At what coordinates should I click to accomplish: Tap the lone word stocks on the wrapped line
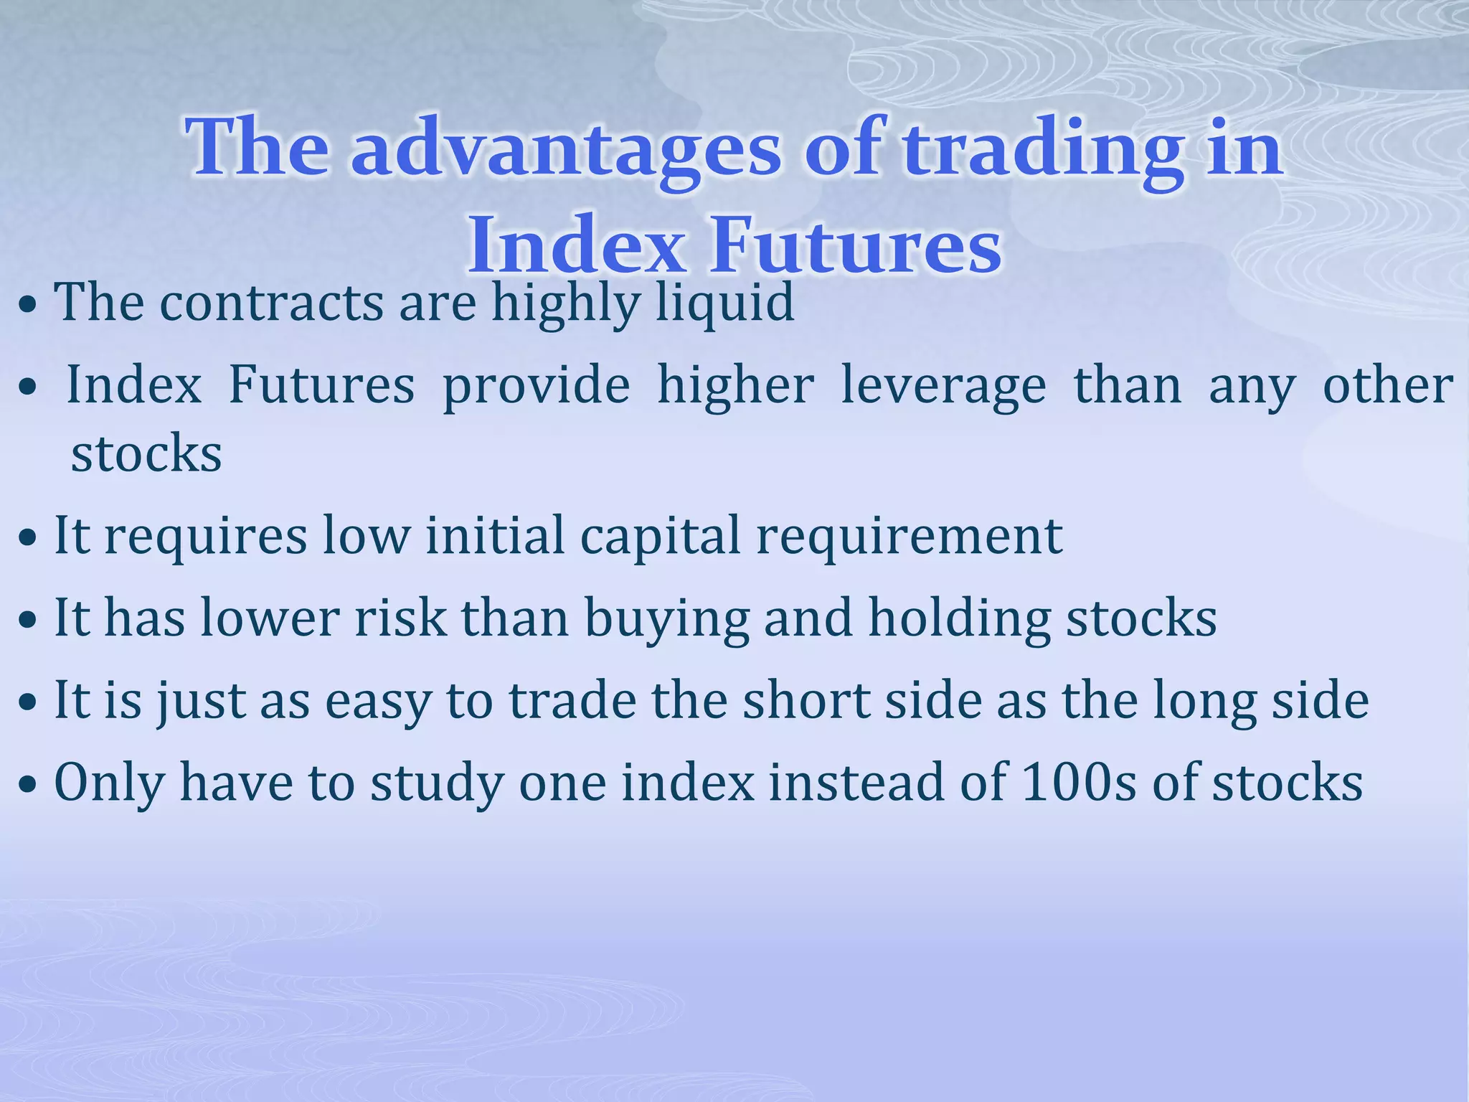tap(146, 455)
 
